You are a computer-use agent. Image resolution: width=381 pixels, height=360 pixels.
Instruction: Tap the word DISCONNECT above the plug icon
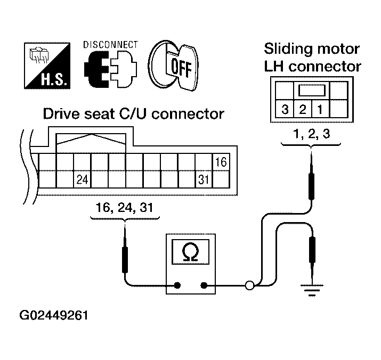[110, 45]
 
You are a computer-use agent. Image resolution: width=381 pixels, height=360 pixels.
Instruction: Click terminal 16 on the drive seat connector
[221, 161]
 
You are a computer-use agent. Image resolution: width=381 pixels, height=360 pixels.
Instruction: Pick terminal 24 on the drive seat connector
[82, 179]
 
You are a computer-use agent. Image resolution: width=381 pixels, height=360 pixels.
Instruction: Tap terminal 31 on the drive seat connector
[203, 179]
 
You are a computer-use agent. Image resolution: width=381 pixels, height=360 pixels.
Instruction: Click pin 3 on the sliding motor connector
[286, 110]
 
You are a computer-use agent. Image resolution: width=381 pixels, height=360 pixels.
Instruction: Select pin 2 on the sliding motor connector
[302, 110]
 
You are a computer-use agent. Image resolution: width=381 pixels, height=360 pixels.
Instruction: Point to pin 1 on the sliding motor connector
[319, 110]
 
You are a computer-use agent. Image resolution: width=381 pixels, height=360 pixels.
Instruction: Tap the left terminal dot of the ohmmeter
[177, 286]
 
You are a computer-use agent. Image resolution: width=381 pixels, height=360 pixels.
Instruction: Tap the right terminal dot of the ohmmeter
[204, 286]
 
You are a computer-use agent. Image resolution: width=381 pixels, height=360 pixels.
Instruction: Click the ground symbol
[311, 292]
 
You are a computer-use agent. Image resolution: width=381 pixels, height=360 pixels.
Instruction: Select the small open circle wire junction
[249, 286]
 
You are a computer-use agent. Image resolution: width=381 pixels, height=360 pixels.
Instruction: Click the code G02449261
[54, 315]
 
